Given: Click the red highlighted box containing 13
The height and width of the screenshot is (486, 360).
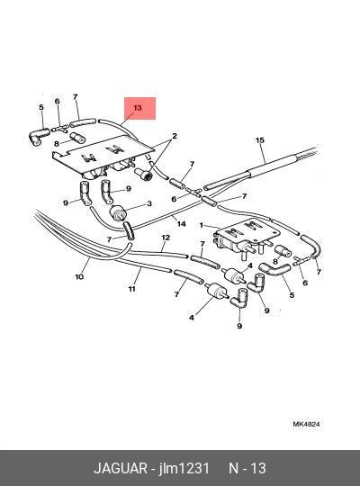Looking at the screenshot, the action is pyautogui.click(x=139, y=108).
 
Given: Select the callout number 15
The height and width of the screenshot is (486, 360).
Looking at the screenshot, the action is pyautogui.click(x=260, y=140).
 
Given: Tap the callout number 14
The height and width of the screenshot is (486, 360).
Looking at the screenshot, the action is pyautogui.click(x=181, y=223).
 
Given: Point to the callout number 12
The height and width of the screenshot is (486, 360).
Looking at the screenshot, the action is pyautogui.click(x=166, y=238).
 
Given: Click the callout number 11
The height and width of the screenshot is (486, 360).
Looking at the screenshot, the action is pyautogui.click(x=132, y=289).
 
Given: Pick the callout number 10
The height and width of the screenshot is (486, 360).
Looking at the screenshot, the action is pyautogui.click(x=79, y=276).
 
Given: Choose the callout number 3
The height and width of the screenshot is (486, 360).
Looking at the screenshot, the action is pyautogui.click(x=149, y=203).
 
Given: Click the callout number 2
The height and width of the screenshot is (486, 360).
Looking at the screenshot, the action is pyautogui.click(x=175, y=136).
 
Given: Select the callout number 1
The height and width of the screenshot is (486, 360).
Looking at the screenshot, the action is pyautogui.click(x=202, y=225).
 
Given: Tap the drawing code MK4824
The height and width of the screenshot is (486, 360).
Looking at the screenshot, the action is pyautogui.click(x=306, y=424).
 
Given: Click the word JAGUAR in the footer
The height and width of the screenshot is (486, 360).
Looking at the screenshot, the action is pyautogui.click(x=121, y=468).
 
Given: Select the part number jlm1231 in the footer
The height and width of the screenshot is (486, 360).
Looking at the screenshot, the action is pyautogui.click(x=184, y=468).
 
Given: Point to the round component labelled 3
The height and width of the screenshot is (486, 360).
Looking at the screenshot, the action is pyautogui.click(x=117, y=213).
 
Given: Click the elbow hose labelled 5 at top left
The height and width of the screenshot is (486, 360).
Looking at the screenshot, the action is pyautogui.click(x=39, y=137).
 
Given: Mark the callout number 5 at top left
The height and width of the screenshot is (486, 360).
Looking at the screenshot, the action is pyautogui.click(x=41, y=107).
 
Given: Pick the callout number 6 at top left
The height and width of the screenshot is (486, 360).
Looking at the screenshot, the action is pyautogui.click(x=57, y=101).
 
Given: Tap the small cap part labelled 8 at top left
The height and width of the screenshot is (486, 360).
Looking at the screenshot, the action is pyautogui.click(x=77, y=138).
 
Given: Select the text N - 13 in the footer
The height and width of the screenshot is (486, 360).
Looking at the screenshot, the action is pyautogui.click(x=247, y=468).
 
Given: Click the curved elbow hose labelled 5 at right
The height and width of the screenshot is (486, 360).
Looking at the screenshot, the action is pyautogui.click(x=274, y=269).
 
